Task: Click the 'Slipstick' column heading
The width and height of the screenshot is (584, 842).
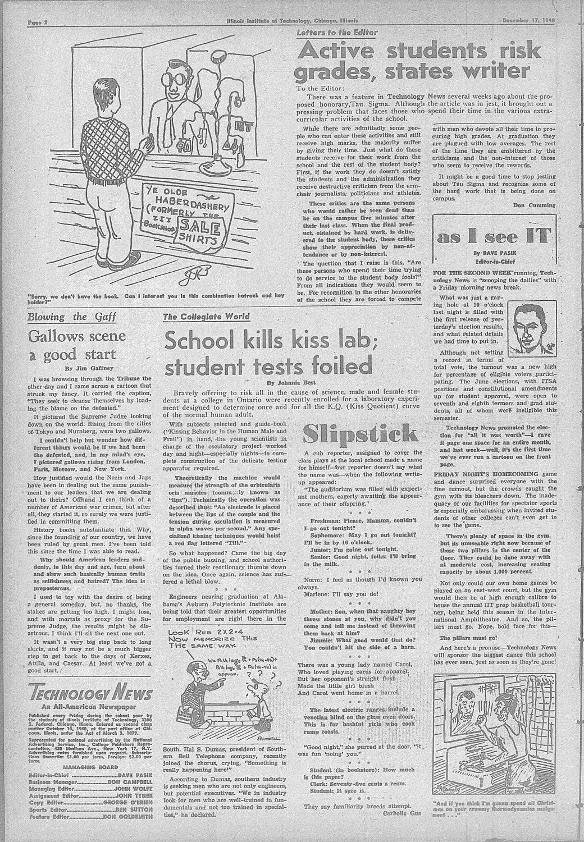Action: [360, 433]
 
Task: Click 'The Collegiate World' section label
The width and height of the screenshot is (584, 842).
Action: [206, 317]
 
